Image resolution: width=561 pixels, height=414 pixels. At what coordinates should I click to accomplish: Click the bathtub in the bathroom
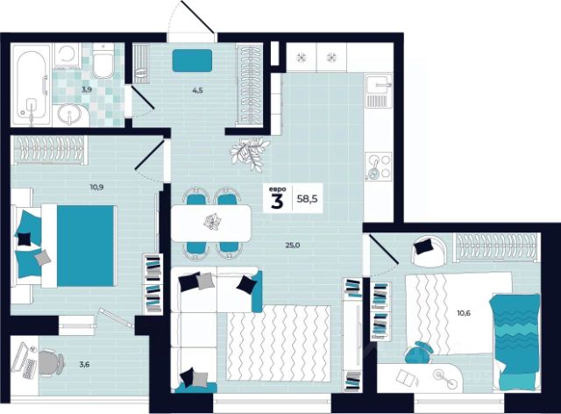(32, 85)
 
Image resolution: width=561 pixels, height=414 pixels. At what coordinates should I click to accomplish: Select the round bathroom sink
(70, 115)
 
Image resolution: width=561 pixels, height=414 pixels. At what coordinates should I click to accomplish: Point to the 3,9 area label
(87, 89)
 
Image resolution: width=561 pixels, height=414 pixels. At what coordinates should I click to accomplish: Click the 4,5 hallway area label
(197, 90)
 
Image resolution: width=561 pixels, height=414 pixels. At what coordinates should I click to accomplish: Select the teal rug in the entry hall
(192, 61)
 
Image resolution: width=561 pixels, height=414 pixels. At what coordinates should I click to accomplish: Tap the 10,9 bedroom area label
(96, 187)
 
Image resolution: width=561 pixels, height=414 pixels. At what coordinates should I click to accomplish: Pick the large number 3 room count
(277, 202)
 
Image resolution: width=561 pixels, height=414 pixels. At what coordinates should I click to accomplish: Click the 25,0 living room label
(293, 246)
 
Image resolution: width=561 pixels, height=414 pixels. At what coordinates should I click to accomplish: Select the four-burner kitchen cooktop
(379, 167)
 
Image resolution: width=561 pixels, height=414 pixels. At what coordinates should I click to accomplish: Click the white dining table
(211, 223)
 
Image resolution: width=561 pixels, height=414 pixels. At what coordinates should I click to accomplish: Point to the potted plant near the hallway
(249, 153)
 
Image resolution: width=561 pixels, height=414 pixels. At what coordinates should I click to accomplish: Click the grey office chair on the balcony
(51, 363)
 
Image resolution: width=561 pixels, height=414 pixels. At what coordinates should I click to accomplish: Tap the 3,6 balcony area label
(84, 365)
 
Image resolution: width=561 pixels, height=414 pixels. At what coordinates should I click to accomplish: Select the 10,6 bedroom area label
(464, 313)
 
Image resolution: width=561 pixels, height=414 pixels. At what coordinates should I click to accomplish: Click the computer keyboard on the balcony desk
(29, 368)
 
